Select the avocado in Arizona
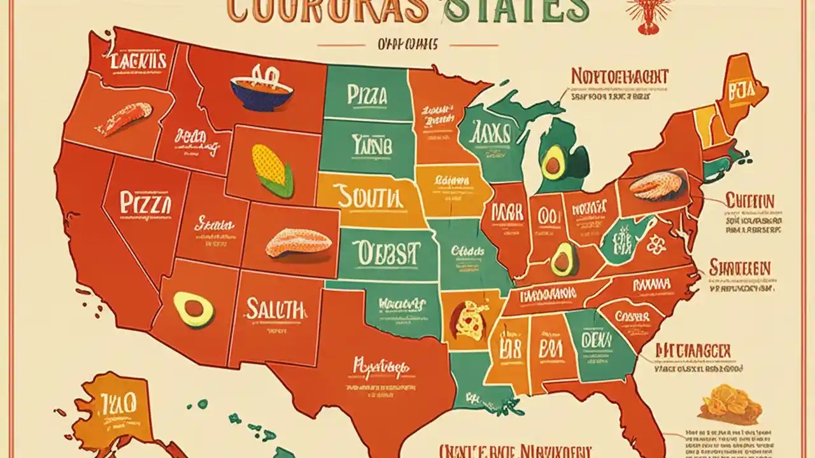tap(194, 310)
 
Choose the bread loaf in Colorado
tap(298, 243)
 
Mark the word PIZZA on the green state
tap(367, 96)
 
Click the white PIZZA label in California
tap(146, 204)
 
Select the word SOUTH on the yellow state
tap(372, 198)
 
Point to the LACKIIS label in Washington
tap(138, 61)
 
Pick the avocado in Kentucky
tap(563, 259)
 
